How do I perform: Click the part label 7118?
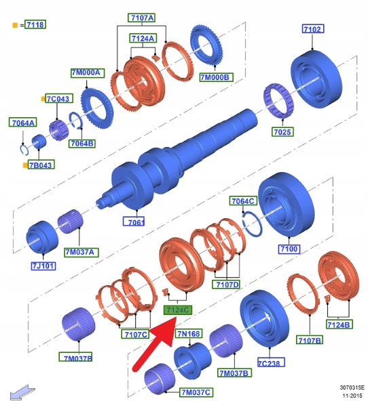[35, 24]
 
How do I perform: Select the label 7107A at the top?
[142, 18]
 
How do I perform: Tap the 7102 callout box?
[312, 28]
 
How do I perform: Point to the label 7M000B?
[216, 77]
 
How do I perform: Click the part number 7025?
[282, 131]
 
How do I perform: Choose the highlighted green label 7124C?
[178, 310]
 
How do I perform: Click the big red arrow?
[154, 343]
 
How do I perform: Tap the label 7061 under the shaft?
[134, 221]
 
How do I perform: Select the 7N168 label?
[189, 333]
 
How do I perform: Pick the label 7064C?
[242, 200]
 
